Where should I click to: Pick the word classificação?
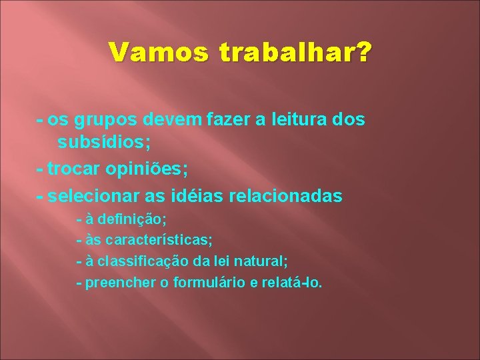155,261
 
